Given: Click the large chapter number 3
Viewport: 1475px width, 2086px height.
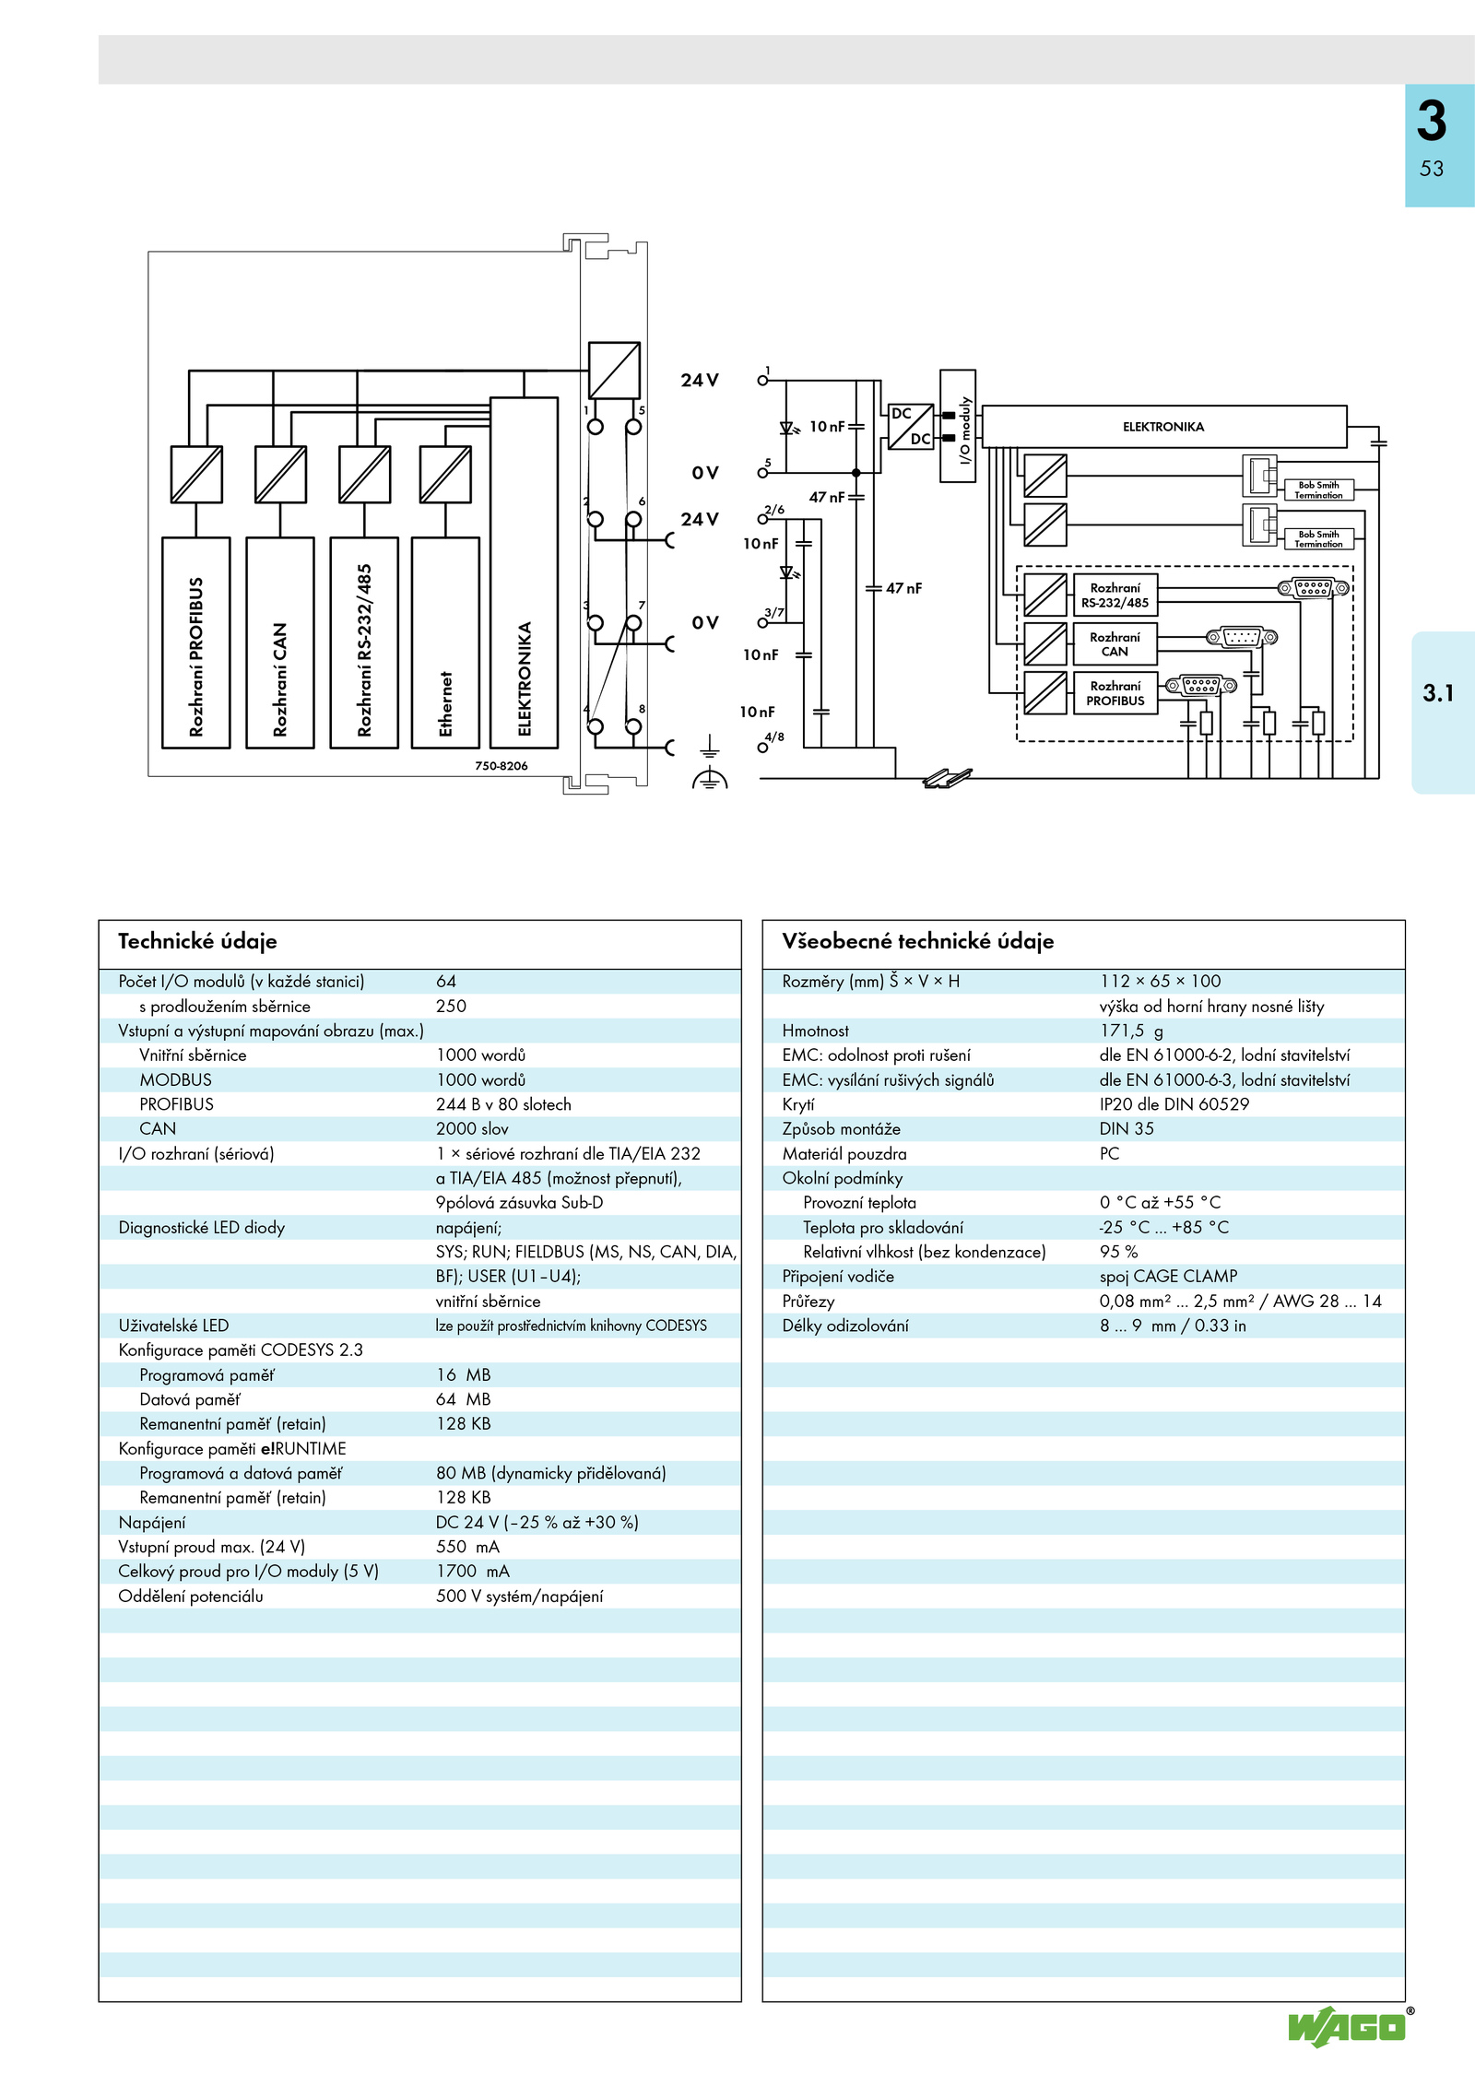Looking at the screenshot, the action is tap(1432, 121).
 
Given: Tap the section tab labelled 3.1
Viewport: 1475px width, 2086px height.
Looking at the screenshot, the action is tap(1438, 693).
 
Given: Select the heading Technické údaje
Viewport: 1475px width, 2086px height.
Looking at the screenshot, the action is tap(197, 941).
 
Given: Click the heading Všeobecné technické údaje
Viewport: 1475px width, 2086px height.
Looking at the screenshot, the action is tap(917, 941).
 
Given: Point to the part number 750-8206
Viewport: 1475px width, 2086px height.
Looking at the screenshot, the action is tap(501, 766).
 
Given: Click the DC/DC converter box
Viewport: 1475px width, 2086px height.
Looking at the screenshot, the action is tap(911, 427).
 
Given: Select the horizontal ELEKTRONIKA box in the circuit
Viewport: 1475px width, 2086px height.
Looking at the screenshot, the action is tap(1164, 427).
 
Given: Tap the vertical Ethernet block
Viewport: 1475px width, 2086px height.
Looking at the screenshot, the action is tap(445, 642).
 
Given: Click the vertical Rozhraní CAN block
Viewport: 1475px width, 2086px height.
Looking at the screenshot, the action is tap(280, 642).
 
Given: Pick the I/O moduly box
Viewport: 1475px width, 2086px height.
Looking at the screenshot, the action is tap(958, 426).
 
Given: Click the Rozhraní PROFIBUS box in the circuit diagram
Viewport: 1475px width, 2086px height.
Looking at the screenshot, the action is tap(1115, 693).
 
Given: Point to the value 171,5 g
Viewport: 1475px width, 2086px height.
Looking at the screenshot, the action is tap(1131, 1031).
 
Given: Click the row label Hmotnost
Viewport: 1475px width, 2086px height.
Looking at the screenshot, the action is tap(816, 1031).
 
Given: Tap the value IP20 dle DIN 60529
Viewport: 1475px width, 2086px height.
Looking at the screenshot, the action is tap(1174, 1104).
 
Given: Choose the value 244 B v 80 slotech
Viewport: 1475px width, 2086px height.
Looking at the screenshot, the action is tap(503, 1104).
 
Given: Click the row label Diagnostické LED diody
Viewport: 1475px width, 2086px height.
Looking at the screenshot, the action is tap(202, 1228).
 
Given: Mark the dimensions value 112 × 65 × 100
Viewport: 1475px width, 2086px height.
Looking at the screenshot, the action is tap(1160, 982).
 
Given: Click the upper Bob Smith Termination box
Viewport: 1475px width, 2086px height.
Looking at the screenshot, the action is tap(1319, 489).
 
